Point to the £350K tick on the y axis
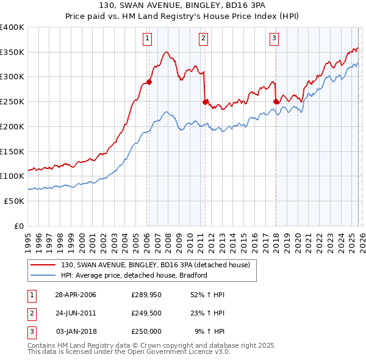click(x=12, y=52)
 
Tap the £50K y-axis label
click(x=14, y=201)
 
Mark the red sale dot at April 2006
click(x=149, y=82)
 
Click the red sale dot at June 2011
click(x=205, y=102)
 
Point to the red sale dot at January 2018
click(x=276, y=102)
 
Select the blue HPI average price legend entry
click(x=134, y=275)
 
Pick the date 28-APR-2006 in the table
click(x=76, y=295)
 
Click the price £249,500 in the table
click(x=146, y=313)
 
